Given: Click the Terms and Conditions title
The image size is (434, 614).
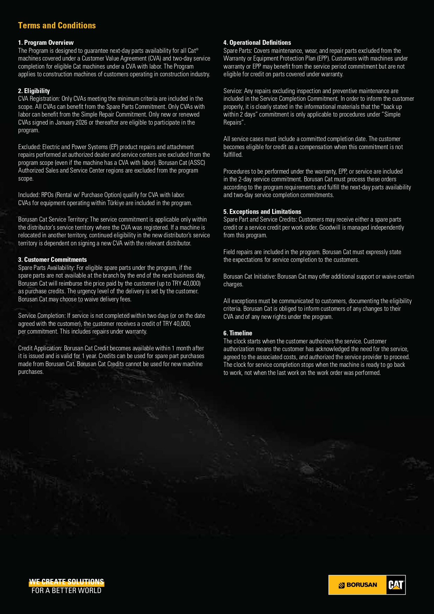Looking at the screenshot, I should pyautogui.click(x=57, y=26).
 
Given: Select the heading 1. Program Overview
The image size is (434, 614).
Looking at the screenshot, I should pyautogui.click(x=46, y=43).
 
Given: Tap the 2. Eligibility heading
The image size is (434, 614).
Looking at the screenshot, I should pyautogui.click(x=34, y=91).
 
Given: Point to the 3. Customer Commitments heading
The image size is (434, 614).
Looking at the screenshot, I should pyautogui.click(x=52, y=260).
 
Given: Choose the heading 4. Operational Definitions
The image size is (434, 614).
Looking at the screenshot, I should pyautogui.click(x=257, y=43).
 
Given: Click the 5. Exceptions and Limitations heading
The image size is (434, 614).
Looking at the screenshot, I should pyautogui.click(x=262, y=212).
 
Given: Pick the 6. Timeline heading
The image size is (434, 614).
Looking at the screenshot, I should pyautogui.click(x=238, y=333).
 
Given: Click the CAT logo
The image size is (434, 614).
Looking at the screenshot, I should pyautogui.click(x=396, y=585).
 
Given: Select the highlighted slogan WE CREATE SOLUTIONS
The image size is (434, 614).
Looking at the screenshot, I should pyautogui.click(x=66, y=582).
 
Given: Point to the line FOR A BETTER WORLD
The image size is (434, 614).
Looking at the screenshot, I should pyautogui.click(x=66, y=591).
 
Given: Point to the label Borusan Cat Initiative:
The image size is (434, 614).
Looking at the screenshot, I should pyautogui.click(x=250, y=277).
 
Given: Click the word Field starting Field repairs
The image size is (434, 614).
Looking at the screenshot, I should pyautogui.click(x=229, y=252).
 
